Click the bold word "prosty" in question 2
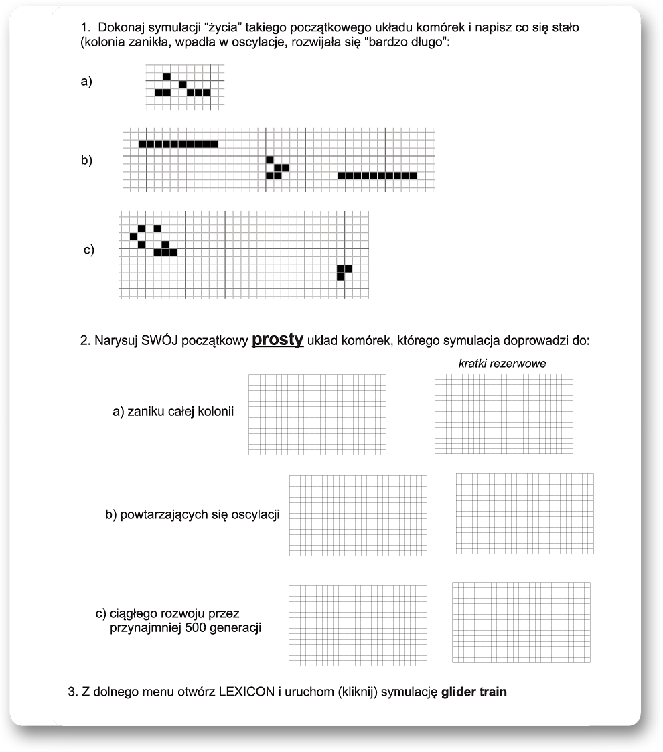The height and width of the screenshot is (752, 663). [x=278, y=340]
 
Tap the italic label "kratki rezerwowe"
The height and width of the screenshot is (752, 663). [x=502, y=364]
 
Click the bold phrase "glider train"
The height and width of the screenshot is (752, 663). [x=474, y=692]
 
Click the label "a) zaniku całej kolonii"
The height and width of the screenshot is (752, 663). [x=173, y=412]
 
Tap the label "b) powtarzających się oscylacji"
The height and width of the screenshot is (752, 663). [x=192, y=515]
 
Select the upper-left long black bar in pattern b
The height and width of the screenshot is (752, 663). [x=178, y=143]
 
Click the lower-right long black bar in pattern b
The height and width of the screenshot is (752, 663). [x=377, y=176]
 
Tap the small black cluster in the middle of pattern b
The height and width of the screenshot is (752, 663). [x=277, y=168]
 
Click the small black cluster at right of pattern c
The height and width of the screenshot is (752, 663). [x=344, y=271]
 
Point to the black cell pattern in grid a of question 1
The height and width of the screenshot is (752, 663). [x=182, y=85]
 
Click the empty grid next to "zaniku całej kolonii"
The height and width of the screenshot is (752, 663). [x=317, y=415]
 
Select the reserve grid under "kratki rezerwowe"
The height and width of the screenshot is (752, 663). [x=504, y=413]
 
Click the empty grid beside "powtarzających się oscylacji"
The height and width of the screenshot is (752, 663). [x=358, y=516]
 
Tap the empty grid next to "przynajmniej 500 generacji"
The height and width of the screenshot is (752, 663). [x=358, y=625]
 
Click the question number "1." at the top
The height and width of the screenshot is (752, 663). [x=85, y=27]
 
